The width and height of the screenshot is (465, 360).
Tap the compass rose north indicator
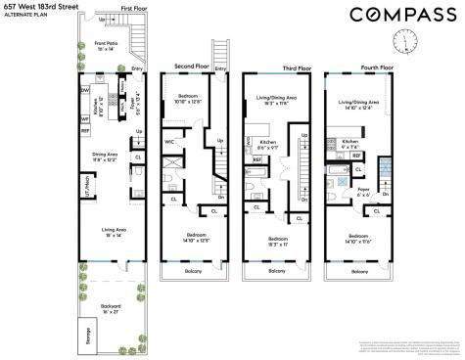pyautogui.click(x=403, y=40)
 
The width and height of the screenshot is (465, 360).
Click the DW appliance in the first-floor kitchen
pyautogui.click(x=85, y=89)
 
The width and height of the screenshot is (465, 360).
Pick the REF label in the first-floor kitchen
pyautogui.click(x=85, y=129)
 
